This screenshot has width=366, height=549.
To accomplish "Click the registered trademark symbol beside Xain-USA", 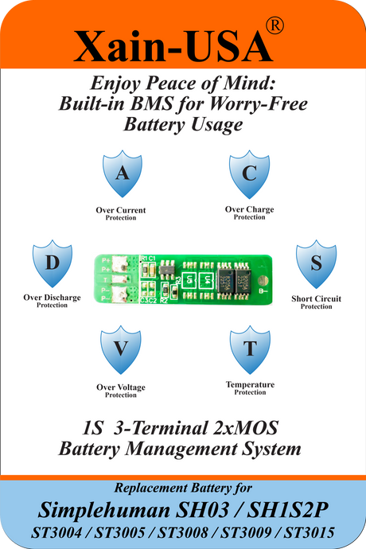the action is pos(275,26).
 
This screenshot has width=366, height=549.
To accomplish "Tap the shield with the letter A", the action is pos(123,173).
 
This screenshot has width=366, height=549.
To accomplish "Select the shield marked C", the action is pos(249,174).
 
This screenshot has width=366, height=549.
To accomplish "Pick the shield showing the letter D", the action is pos(53,263).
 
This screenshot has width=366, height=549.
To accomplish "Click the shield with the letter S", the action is pos(316,263).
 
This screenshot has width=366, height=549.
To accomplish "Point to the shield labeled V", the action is pos(121,349).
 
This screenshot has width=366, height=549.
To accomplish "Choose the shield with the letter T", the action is pos(250,349).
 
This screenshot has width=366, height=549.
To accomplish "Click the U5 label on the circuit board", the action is pos(189,280).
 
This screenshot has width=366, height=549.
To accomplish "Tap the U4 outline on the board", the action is pos(207,280).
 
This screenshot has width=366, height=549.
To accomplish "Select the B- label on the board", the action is pos(263,291).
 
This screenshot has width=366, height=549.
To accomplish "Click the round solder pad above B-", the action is pos(263,280).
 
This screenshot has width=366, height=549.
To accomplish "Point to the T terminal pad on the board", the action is pos(119,279).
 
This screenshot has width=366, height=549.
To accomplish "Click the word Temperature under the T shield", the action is pos(250,384).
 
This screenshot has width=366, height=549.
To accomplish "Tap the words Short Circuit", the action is pos(316,298).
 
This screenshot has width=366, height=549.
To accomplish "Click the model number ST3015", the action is pos(309,532).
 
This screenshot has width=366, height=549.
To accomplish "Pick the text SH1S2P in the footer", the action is pos(287,510).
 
